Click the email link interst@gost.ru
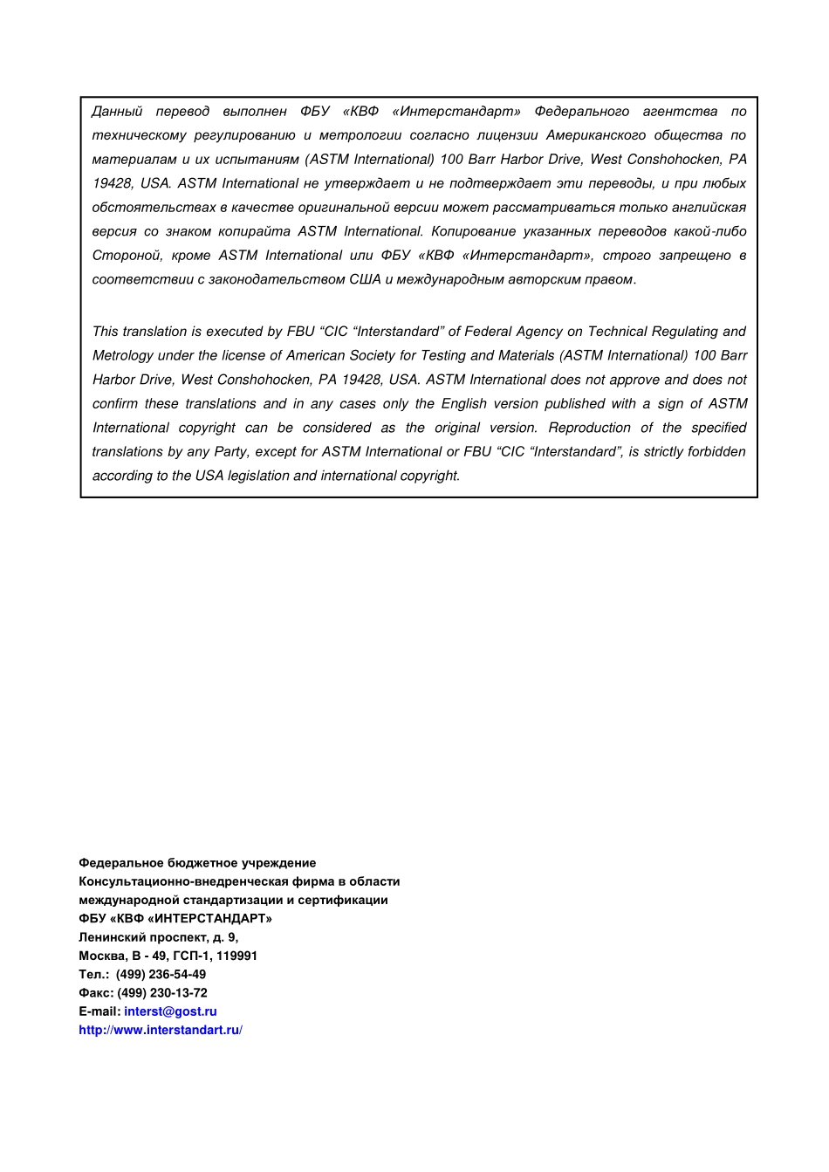(x=170, y=1011)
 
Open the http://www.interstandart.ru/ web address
(x=160, y=1030)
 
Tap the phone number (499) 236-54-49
(x=161, y=974)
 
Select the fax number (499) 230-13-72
(x=162, y=992)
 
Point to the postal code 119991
(x=236, y=956)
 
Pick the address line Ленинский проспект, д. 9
(x=158, y=937)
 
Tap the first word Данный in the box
(x=117, y=111)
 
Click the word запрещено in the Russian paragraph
(x=694, y=255)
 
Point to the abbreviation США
(x=365, y=279)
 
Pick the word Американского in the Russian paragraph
(x=596, y=135)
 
